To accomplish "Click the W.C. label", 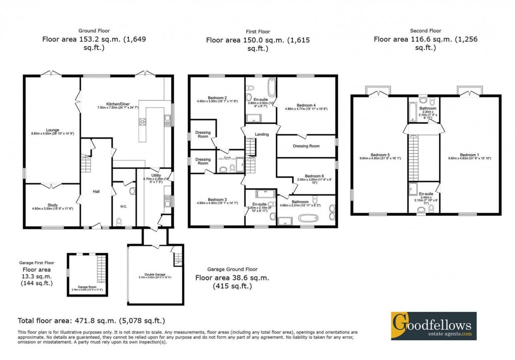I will click(x=122, y=205).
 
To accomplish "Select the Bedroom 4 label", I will click(x=306, y=105).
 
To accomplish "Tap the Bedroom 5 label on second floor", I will click(x=378, y=155).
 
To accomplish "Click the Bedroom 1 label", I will click(x=470, y=155).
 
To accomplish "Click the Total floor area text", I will click(x=91, y=321).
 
